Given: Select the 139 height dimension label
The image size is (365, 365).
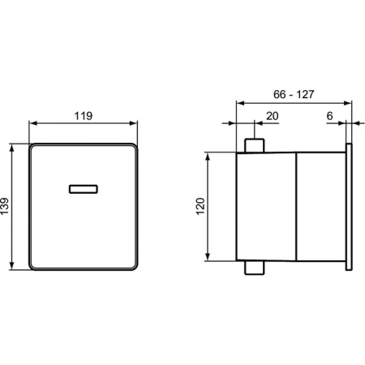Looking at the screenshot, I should coord(6,208).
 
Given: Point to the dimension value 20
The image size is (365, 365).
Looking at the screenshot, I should coord(273,117).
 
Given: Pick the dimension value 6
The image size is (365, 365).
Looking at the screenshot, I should coord(330,117).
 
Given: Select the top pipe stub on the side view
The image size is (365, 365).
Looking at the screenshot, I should coord(254,145).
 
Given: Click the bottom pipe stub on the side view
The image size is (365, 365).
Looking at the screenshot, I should coord(254,269).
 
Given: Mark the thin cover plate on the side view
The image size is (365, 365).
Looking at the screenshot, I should coord(350,207).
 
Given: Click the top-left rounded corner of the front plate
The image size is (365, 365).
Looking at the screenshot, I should coord(33,149).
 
